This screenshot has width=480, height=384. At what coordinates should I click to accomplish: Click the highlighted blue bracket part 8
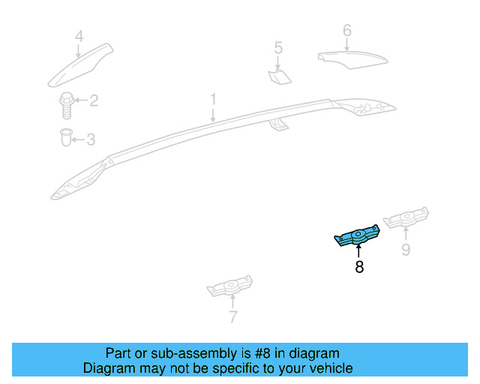358,238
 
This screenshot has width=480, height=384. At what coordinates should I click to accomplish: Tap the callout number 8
359,266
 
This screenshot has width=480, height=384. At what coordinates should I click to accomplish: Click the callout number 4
79,36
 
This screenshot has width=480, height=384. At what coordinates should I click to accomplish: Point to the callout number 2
94,100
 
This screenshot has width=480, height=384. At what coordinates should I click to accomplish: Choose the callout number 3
91,139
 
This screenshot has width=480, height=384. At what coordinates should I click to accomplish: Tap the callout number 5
278,49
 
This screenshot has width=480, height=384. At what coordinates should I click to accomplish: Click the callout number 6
346,31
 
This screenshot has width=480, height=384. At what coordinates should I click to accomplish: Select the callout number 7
232,317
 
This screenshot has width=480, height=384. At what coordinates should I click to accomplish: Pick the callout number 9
406,250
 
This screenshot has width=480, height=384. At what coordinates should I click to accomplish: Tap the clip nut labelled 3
66,138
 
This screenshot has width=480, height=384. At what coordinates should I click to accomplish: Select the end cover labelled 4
81,65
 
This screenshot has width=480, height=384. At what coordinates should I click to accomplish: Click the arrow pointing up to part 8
358,251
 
